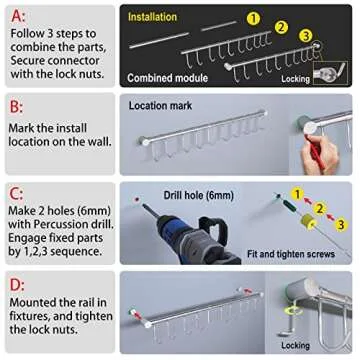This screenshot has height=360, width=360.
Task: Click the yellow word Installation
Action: point(152,17)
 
